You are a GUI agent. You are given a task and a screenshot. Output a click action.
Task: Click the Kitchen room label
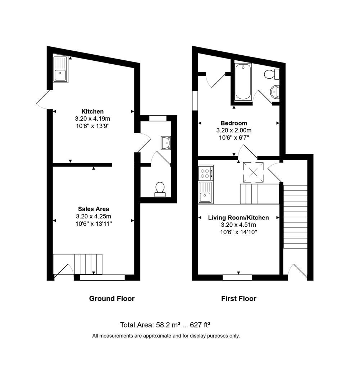tap(92, 111)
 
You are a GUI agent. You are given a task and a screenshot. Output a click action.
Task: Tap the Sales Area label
tap(94, 209)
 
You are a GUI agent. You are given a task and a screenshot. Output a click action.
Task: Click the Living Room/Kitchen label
tap(238, 218)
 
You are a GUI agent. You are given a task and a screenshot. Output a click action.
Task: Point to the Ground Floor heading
tap(112, 299)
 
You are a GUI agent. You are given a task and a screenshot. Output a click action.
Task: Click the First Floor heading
tap(239, 299)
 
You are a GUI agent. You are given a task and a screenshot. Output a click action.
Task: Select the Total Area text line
tap(165, 325)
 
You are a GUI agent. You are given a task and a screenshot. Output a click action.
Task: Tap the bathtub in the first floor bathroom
tap(243, 82)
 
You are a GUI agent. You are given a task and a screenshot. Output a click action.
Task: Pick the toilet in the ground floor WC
tap(160, 189)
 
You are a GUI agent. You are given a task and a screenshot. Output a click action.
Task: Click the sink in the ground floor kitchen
tap(60, 69)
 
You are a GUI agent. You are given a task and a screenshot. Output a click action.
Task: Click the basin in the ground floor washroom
tap(166, 143)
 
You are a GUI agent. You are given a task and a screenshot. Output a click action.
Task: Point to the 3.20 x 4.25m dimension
tap(94, 216)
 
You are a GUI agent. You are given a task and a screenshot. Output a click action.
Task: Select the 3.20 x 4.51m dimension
tap(238, 225)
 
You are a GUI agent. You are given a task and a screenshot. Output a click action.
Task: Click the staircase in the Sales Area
tap(88, 264)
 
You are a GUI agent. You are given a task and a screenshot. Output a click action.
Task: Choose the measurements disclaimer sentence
tap(166, 336)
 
